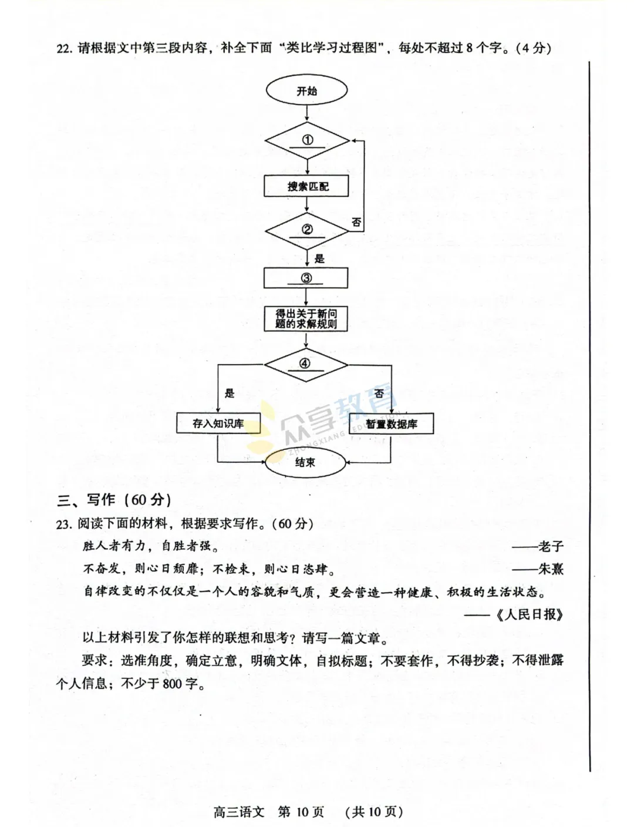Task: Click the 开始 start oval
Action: (x=306, y=91)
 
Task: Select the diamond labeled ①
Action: (x=306, y=141)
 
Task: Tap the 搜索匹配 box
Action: (x=306, y=186)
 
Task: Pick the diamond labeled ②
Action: (x=306, y=231)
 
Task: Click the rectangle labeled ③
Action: (x=306, y=278)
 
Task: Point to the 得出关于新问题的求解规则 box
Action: (x=306, y=319)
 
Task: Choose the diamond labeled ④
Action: (x=305, y=364)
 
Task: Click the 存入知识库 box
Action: (x=218, y=423)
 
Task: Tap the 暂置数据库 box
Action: (x=391, y=424)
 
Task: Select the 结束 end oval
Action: (x=305, y=463)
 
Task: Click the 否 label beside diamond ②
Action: (x=356, y=222)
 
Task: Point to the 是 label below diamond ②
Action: (x=319, y=258)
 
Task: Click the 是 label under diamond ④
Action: (x=229, y=393)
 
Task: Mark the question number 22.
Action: (x=63, y=48)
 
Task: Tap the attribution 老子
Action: (x=551, y=546)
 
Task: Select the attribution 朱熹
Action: (x=551, y=569)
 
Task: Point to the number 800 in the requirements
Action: (x=172, y=684)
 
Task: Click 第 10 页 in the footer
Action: (x=301, y=812)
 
